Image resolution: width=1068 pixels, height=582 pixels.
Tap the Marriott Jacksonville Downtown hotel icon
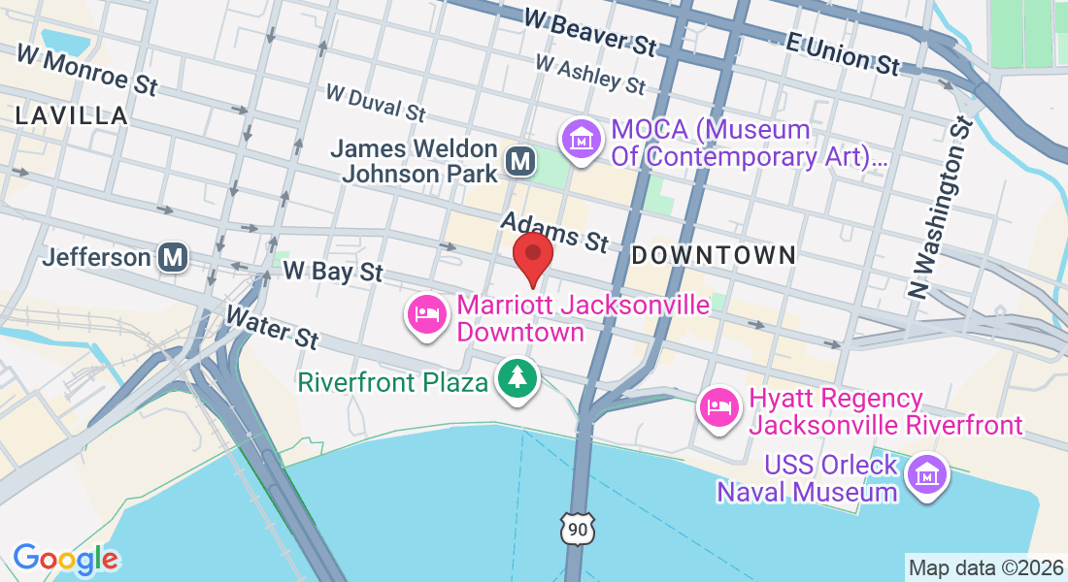point(427,315)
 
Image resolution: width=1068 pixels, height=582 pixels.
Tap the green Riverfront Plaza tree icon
point(517,378)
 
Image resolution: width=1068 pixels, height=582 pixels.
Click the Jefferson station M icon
point(174,258)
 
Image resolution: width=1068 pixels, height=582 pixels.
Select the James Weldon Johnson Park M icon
point(520,161)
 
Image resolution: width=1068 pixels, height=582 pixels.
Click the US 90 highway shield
point(576,529)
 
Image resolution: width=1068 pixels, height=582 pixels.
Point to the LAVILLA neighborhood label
point(72,116)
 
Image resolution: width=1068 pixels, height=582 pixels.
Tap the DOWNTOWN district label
point(714,255)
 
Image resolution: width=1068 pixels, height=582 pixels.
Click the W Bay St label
point(333,271)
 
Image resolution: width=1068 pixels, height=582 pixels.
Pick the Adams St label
point(553,233)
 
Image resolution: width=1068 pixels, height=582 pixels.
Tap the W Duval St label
point(376,103)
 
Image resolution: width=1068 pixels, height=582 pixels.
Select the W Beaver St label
point(589,31)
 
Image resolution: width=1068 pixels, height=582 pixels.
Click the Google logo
point(65,559)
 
